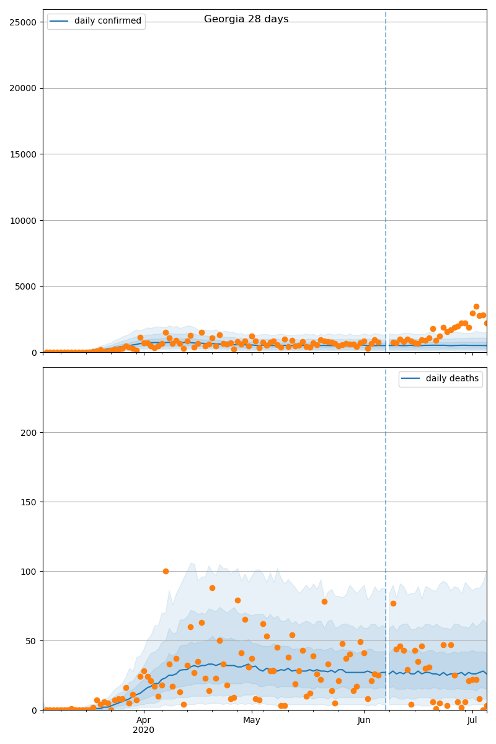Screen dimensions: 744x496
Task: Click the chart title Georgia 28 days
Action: click(x=246, y=19)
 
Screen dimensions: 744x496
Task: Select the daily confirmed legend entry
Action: click(x=107, y=21)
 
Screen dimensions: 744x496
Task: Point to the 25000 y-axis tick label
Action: click(x=24, y=22)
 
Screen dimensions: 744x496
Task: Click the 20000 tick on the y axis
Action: click(x=24, y=88)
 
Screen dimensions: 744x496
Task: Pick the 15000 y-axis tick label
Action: click(x=24, y=154)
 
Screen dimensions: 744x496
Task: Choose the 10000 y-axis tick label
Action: click(x=24, y=220)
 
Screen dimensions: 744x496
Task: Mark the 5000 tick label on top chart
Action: click(x=26, y=286)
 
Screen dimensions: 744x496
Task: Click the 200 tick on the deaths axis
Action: click(x=30, y=433)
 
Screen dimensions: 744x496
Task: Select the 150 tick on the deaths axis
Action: click(x=30, y=502)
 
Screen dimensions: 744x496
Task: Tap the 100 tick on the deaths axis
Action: click(x=30, y=571)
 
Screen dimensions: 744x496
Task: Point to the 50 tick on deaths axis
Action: click(x=32, y=640)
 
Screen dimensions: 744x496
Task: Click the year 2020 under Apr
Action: click(x=144, y=730)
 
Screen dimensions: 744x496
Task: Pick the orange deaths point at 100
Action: click(x=166, y=571)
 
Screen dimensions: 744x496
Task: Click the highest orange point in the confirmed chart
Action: click(x=476, y=306)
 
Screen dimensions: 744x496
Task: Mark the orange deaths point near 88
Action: click(x=212, y=588)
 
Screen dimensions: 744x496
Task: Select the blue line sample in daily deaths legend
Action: click(x=411, y=379)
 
